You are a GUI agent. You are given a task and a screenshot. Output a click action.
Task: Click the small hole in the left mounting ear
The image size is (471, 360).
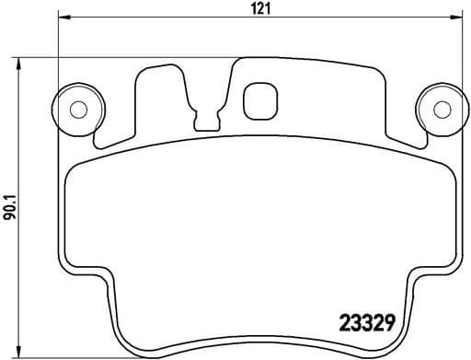coord(78,109)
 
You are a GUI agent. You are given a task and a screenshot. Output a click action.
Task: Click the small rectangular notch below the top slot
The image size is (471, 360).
coord(206,119)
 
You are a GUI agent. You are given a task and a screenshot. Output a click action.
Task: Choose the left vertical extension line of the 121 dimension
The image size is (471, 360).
coord(58,55)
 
